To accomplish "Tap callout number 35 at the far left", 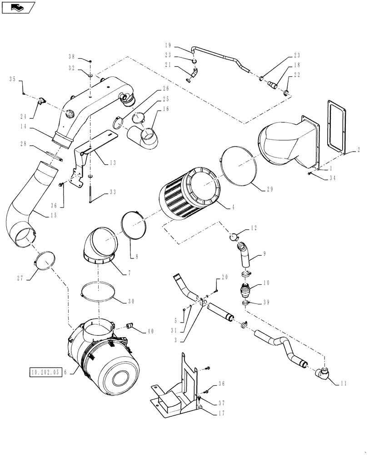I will click(x=12, y=79).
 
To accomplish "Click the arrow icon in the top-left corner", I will click(x=18, y=7).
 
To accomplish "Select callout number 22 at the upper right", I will click(x=297, y=75).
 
